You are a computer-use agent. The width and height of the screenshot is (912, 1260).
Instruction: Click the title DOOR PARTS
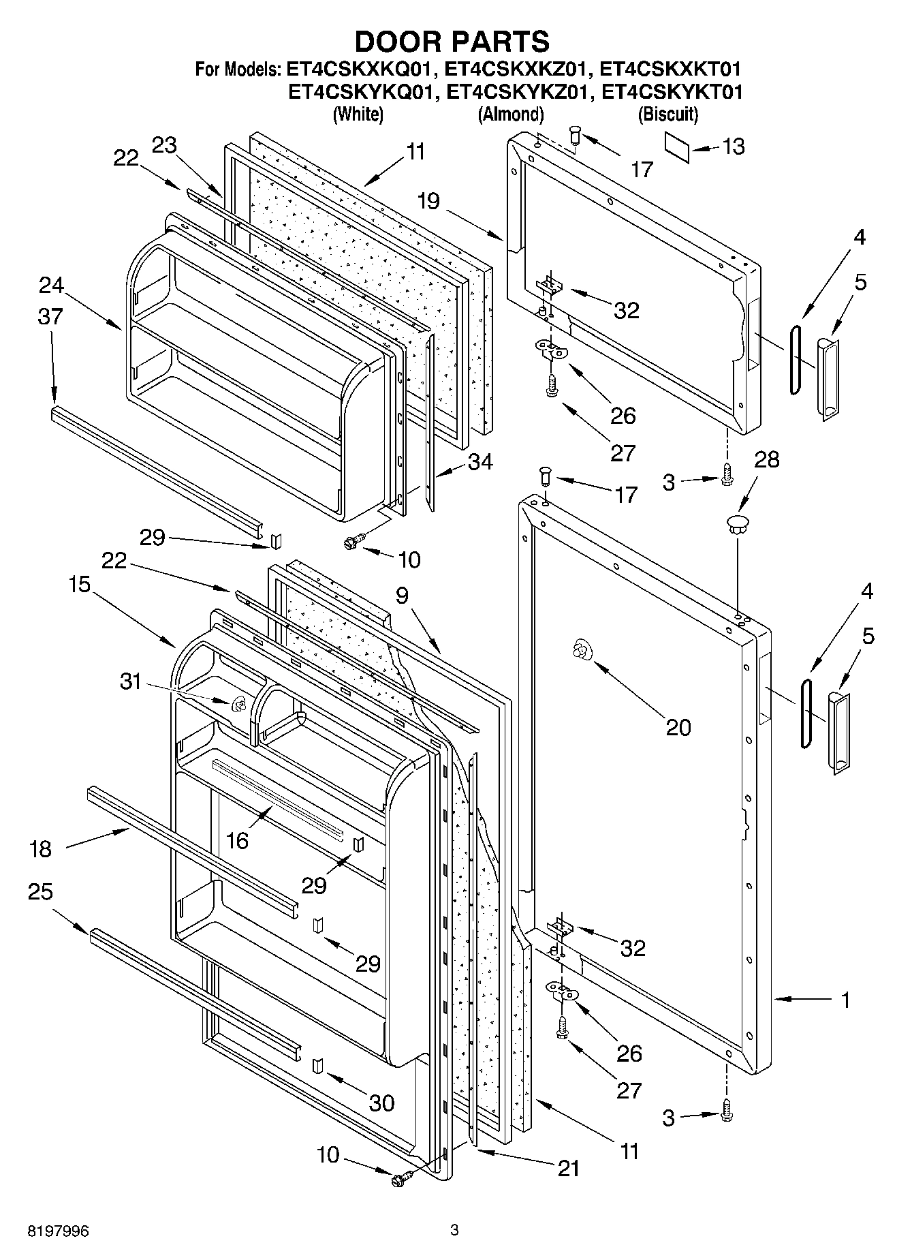click(452, 42)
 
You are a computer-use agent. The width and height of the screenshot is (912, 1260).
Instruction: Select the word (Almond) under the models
click(511, 114)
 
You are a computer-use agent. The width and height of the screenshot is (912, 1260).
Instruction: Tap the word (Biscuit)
click(667, 114)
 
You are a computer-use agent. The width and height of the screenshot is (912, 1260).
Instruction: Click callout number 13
click(734, 147)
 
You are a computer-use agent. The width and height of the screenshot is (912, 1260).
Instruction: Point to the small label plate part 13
click(677, 148)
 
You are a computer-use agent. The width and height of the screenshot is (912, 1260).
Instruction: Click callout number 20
click(678, 727)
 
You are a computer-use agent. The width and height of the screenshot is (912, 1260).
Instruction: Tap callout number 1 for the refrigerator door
click(845, 1000)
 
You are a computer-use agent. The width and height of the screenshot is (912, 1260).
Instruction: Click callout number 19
click(429, 202)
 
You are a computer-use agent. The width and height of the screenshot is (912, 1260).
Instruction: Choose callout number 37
click(50, 316)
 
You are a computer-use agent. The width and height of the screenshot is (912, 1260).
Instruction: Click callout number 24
click(51, 285)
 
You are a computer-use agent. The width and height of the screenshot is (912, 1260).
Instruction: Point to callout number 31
click(130, 680)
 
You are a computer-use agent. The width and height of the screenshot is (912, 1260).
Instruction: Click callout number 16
click(237, 840)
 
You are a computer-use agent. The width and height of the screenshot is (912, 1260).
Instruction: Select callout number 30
click(381, 1103)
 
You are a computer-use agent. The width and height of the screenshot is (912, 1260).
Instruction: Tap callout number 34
click(480, 462)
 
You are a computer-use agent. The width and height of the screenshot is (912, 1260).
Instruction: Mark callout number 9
click(402, 596)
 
